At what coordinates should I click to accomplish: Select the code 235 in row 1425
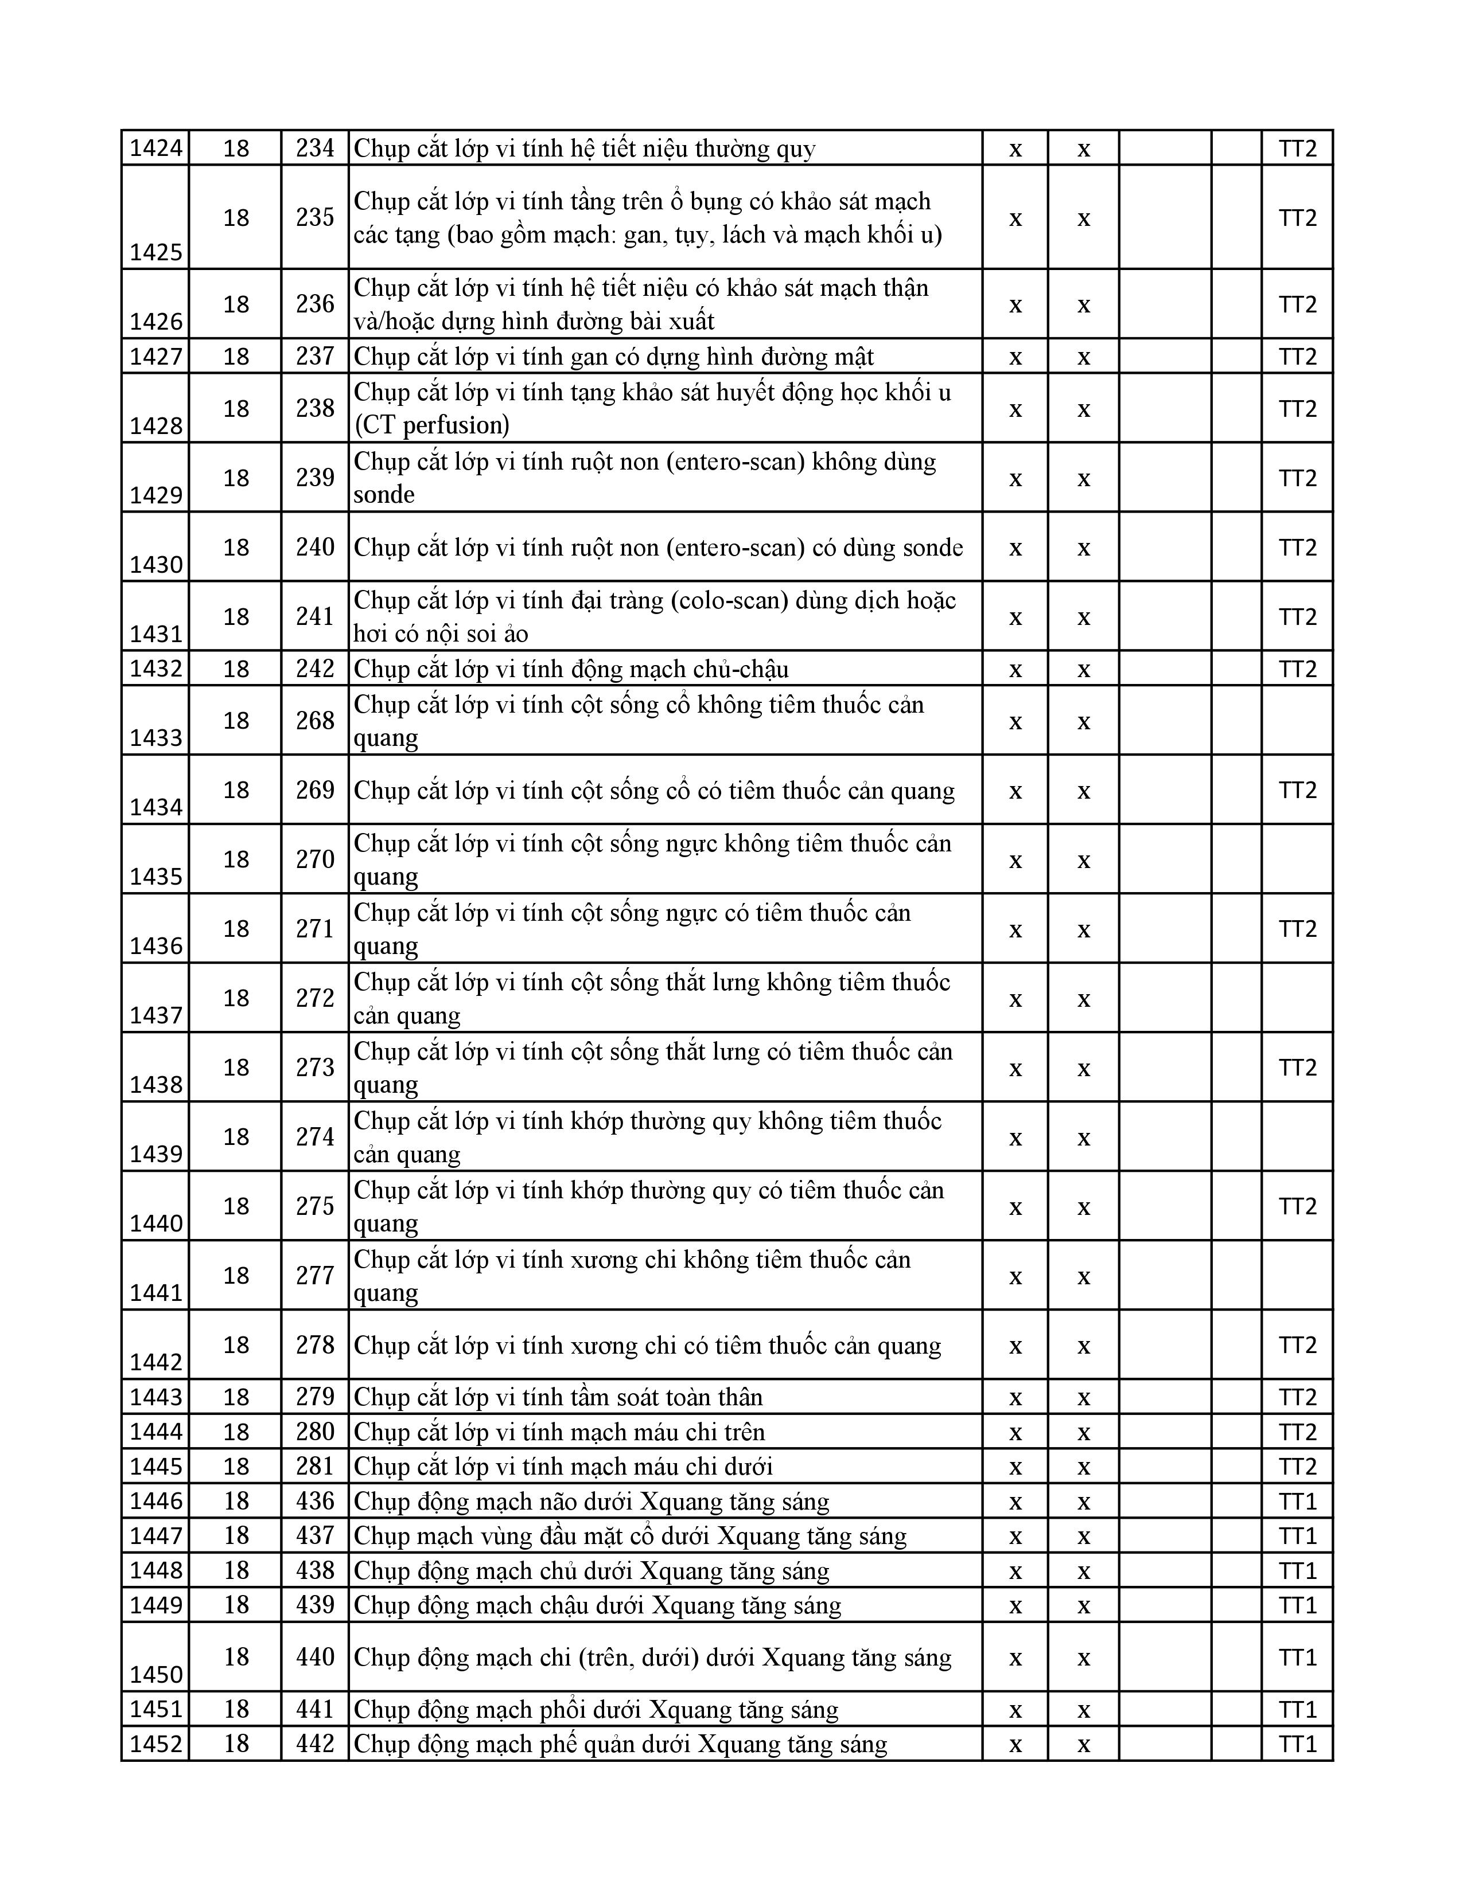point(314,217)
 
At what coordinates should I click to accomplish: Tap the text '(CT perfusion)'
point(431,425)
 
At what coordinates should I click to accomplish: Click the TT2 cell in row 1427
point(1297,357)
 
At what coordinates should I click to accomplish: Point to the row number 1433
point(156,737)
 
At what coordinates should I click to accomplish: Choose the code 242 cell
point(314,669)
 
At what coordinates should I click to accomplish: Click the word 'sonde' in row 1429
point(384,495)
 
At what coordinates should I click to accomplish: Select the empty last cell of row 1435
point(1297,859)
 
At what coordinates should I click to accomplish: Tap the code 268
point(314,721)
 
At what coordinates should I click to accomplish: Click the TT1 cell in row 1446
point(1297,1502)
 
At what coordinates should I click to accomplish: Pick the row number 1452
point(156,1744)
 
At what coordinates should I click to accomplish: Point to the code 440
point(314,1658)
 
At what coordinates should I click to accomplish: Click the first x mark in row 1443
point(1015,1397)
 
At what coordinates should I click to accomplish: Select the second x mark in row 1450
point(1083,1658)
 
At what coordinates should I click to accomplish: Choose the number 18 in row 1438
point(236,1068)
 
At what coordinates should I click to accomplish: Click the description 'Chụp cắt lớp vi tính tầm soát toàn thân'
point(558,1397)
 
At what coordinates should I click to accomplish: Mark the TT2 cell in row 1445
point(1297,1467)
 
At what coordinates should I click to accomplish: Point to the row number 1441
point(156,1292)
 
